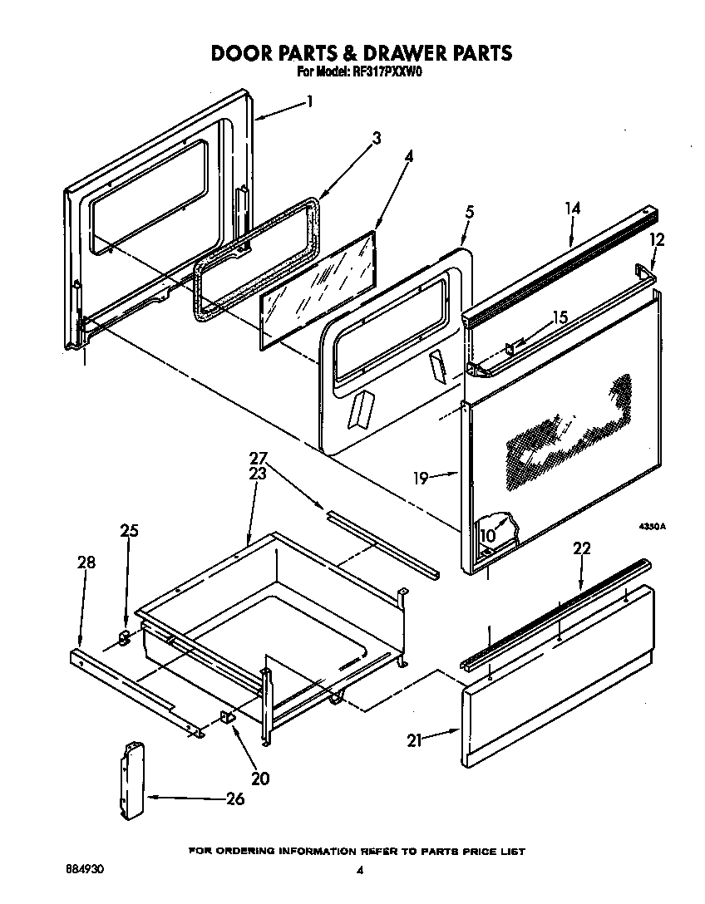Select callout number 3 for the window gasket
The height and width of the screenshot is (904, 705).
tap(377, 139)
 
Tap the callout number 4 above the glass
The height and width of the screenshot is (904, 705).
tap(409, 155)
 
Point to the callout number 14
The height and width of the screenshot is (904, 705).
tap(572, 209)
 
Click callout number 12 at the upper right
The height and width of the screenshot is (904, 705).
tap(657, 239)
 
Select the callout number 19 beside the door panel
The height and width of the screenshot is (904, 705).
tap(422, 478)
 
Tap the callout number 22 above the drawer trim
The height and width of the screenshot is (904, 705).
tap(581, 548)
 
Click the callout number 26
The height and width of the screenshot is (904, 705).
tap(235, 799)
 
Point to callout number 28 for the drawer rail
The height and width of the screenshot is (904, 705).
tap(86, 563)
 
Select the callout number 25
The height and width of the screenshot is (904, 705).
tap(129, 531)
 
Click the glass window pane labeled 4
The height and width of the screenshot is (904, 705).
tap(316, 287)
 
